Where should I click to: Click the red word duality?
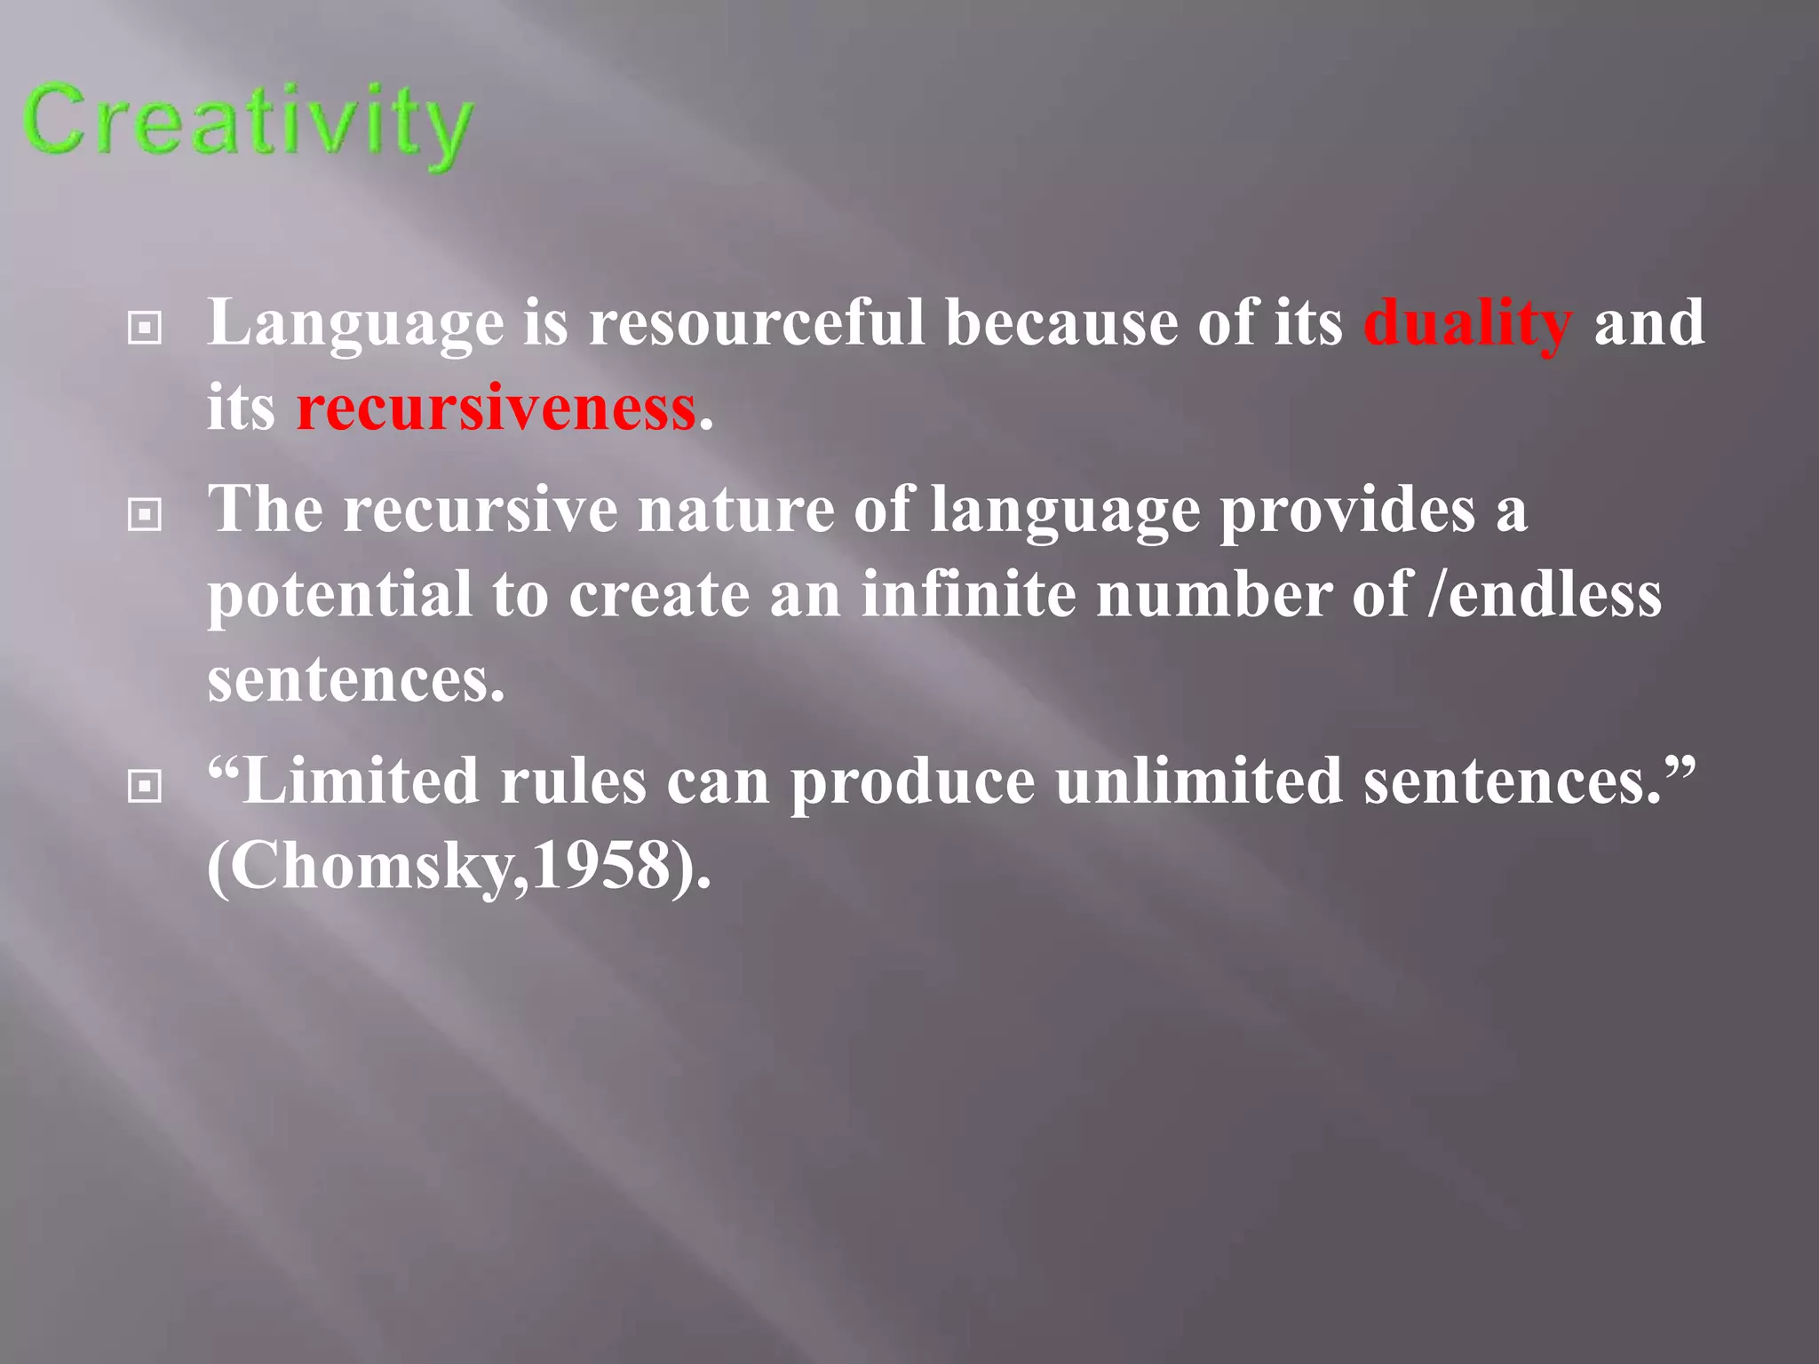1467,323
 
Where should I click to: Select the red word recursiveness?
496,408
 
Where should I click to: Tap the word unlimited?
1199,781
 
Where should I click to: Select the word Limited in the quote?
360,781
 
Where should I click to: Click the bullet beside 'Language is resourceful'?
145,329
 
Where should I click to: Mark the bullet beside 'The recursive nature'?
145,514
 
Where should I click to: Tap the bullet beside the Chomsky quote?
145,785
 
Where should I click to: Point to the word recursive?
480,510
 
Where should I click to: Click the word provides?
1346,511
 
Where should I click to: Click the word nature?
735,510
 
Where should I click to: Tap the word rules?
573,781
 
